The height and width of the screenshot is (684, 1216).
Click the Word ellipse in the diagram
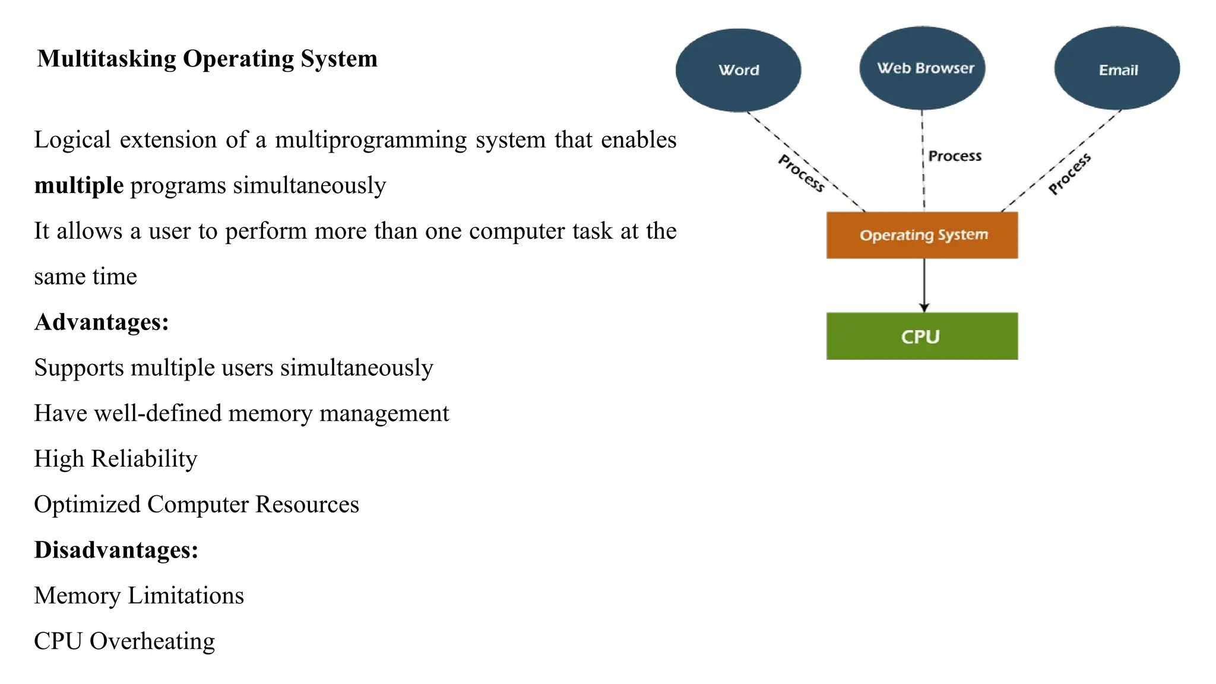(x=738, y=70)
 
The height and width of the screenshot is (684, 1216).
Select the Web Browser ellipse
(x=922, y=68)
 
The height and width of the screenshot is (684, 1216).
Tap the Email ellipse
(x=1117, y=69)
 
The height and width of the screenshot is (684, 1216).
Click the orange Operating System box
(x=922, y=235)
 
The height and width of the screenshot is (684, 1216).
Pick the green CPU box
(x=922, y=336)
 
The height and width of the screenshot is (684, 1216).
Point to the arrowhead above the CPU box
(x=924, y=308)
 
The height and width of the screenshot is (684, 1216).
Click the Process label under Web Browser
(x=955, y=156)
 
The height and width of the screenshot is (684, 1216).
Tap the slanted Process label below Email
(x=1069, y=174)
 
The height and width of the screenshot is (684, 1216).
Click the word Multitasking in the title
(x=107, y=59)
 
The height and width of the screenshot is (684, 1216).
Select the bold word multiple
(x=79, y=186)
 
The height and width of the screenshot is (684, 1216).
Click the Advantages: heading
(x=102, y=322)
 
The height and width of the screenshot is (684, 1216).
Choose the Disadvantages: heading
(x=116, y=550)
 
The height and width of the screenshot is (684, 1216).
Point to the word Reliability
(x=144, y=459)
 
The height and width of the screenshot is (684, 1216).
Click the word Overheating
(x=152, y=641)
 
